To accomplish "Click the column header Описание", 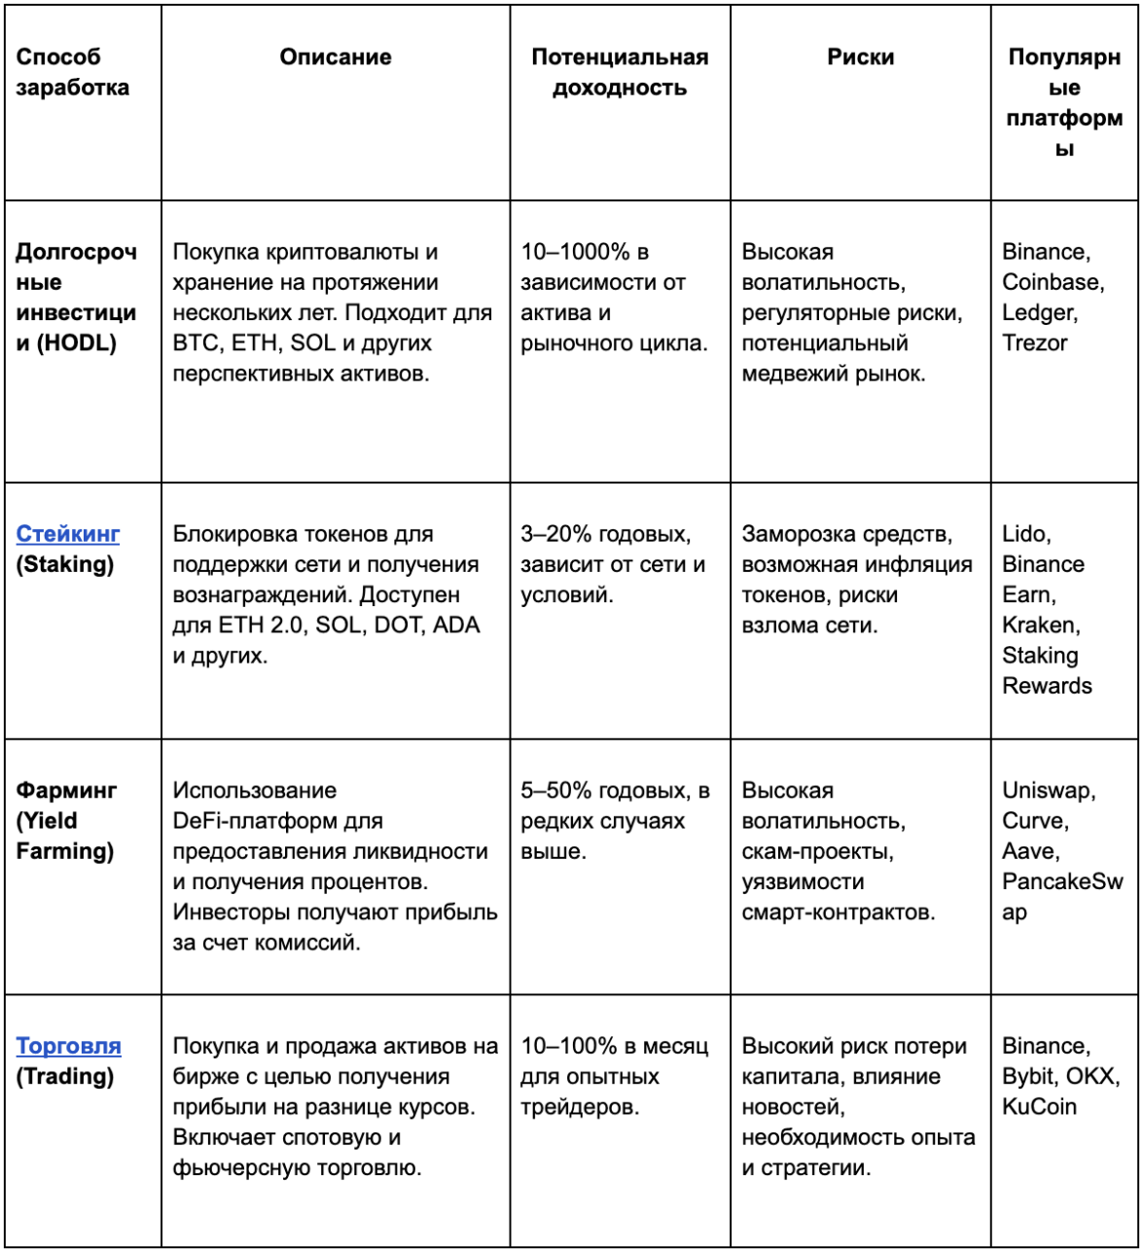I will point(336,57).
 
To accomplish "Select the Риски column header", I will point(860,57).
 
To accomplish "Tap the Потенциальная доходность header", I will point(620,72).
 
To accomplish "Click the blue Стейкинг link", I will point(68,534).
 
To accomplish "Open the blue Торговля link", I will point(68,1047).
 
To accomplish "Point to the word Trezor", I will point(1034,343).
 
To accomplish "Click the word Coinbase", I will point(1051,282).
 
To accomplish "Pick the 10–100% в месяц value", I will point(614,1047).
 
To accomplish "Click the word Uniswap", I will point(1047,791).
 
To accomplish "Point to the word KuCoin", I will point(1039,1107).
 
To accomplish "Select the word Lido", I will point(1024,534).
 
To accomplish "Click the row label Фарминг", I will point(66,791).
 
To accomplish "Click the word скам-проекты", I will point(816,852).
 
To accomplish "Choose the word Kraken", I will point(1039,626).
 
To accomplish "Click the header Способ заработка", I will point(72,72).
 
